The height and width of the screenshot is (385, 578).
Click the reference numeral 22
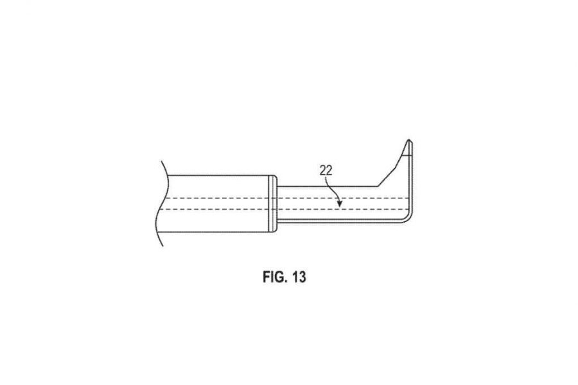point(326,170)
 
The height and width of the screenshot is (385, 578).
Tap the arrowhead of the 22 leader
point(340,203)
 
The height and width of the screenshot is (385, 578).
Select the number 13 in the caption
point(299,277)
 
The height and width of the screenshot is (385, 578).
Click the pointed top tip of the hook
point(408,140)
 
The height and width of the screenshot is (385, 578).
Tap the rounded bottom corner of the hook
point(408,219)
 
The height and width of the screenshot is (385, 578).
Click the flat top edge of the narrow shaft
point(327,187)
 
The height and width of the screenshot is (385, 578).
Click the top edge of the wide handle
point(220,175)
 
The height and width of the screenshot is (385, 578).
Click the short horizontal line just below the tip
point(407,155)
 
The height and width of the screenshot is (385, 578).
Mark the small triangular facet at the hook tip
point(407,149)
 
